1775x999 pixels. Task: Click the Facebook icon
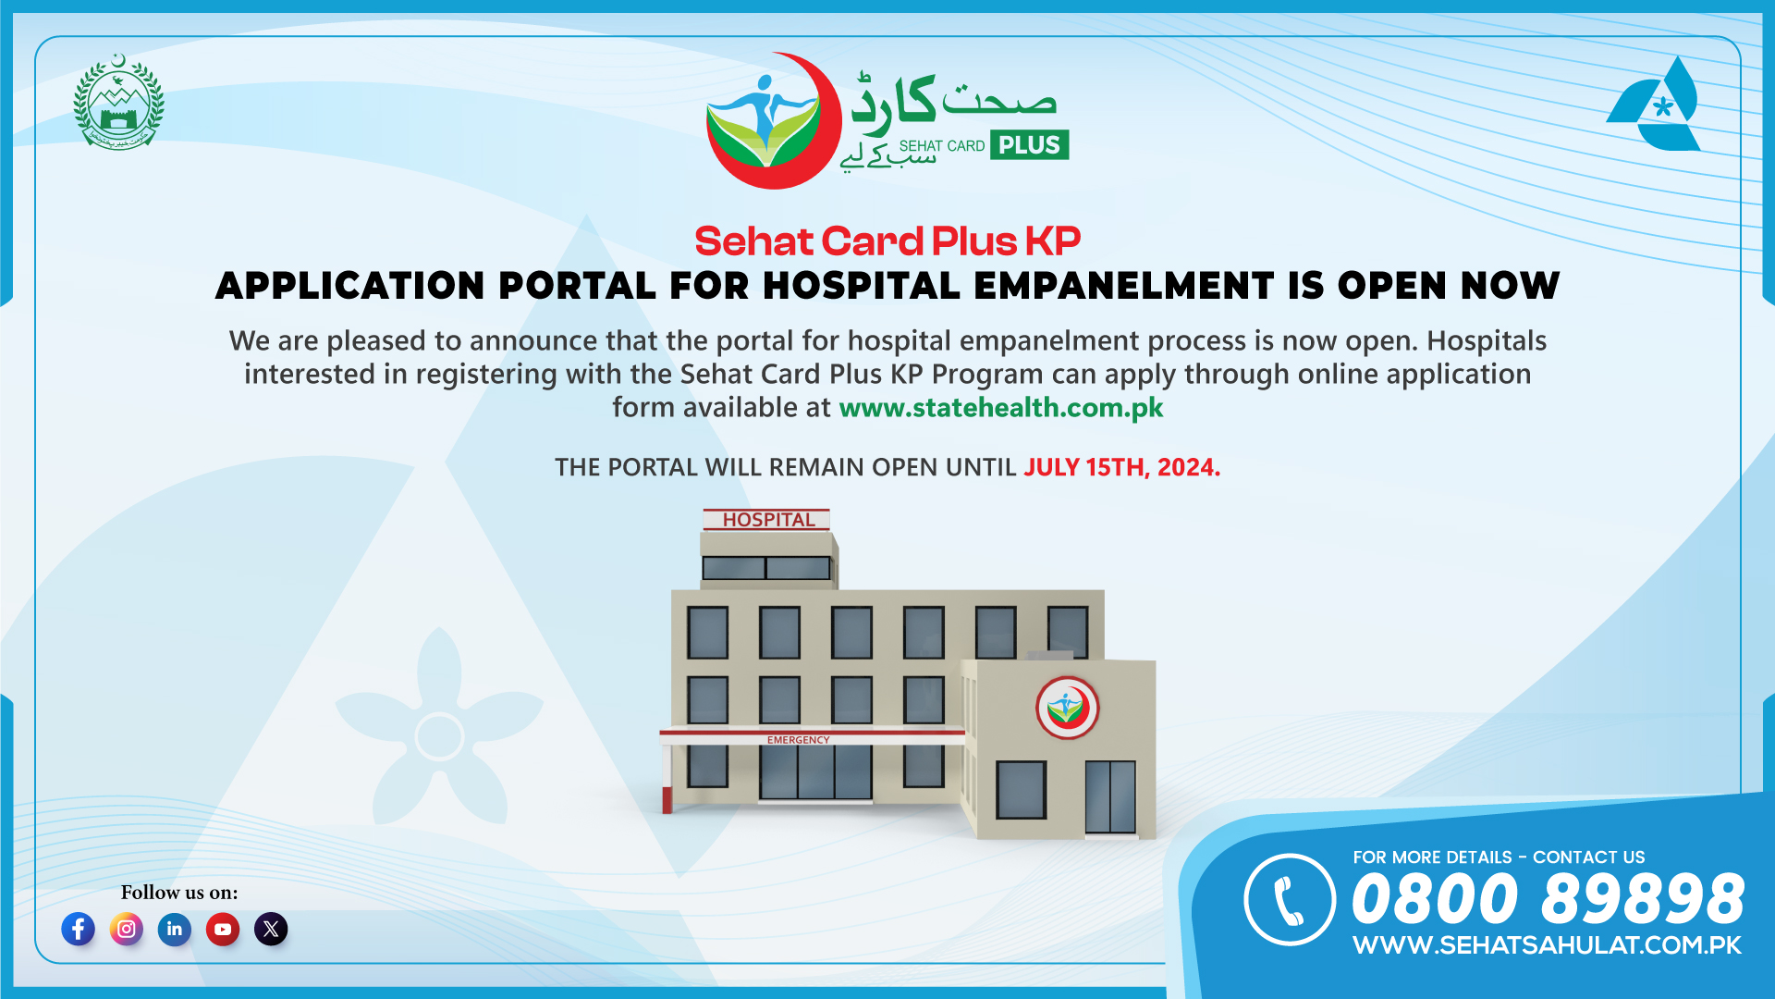(x=79, y=929)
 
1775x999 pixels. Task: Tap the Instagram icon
(x=127, y=929)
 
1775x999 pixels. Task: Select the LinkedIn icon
(x=175, y=929)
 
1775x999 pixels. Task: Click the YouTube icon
(x=223, y=929)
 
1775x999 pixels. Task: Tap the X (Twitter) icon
(x=271, y=929)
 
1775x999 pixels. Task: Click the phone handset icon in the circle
(x=1289, y=900)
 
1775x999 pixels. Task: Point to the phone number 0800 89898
(x=1548, y=899)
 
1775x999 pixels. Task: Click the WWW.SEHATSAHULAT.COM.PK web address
(x=1547, y=945)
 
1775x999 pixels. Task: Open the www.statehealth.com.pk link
(x=1001, y=408)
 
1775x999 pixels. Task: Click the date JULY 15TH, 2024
(x=1121, y=467)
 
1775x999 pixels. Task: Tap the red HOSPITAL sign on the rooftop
(x=767, y=520)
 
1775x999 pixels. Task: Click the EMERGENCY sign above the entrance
(x=798, y=740)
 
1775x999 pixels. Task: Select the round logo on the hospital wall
(x=1067, y=708)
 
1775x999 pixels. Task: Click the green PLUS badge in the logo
(x=1029, y=145)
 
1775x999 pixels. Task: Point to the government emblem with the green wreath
(x=118, y=102)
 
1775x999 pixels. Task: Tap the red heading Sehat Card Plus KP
(x=887, y=241)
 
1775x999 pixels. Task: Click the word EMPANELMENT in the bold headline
(x=1123, y=286)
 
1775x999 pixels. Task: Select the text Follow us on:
(x=179, y=893)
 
